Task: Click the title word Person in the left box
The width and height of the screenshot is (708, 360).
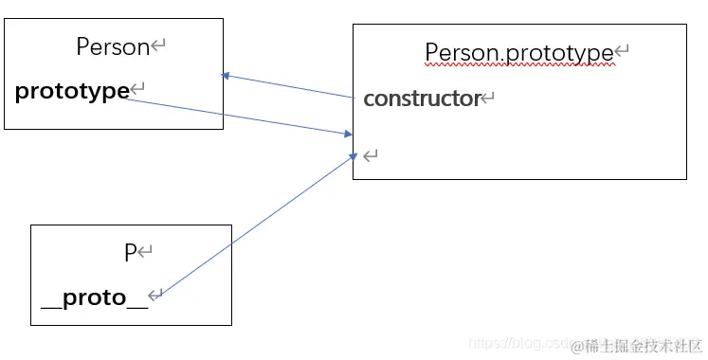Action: point(113,46)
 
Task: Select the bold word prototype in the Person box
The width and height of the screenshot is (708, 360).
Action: point(72,91)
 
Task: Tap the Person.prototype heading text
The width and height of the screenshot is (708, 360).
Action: point(518,52)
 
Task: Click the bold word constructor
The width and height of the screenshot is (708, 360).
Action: point(422,98)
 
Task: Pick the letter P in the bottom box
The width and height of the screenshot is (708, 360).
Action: point(130,253)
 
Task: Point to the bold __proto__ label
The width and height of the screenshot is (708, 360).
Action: point(95,297)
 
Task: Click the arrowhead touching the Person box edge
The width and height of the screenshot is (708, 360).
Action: point(227,76)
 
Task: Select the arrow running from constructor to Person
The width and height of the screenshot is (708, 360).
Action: point(289,86)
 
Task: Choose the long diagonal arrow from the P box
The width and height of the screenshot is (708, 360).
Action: point(256,226)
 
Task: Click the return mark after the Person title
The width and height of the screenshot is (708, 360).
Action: point(158,45)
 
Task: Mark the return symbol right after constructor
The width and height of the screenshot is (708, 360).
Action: point(489,98)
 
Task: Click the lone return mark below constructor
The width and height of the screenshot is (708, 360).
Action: point(371,154)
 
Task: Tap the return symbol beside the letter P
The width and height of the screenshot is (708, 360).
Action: point(145,253)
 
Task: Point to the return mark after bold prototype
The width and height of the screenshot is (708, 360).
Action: point(137,90)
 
